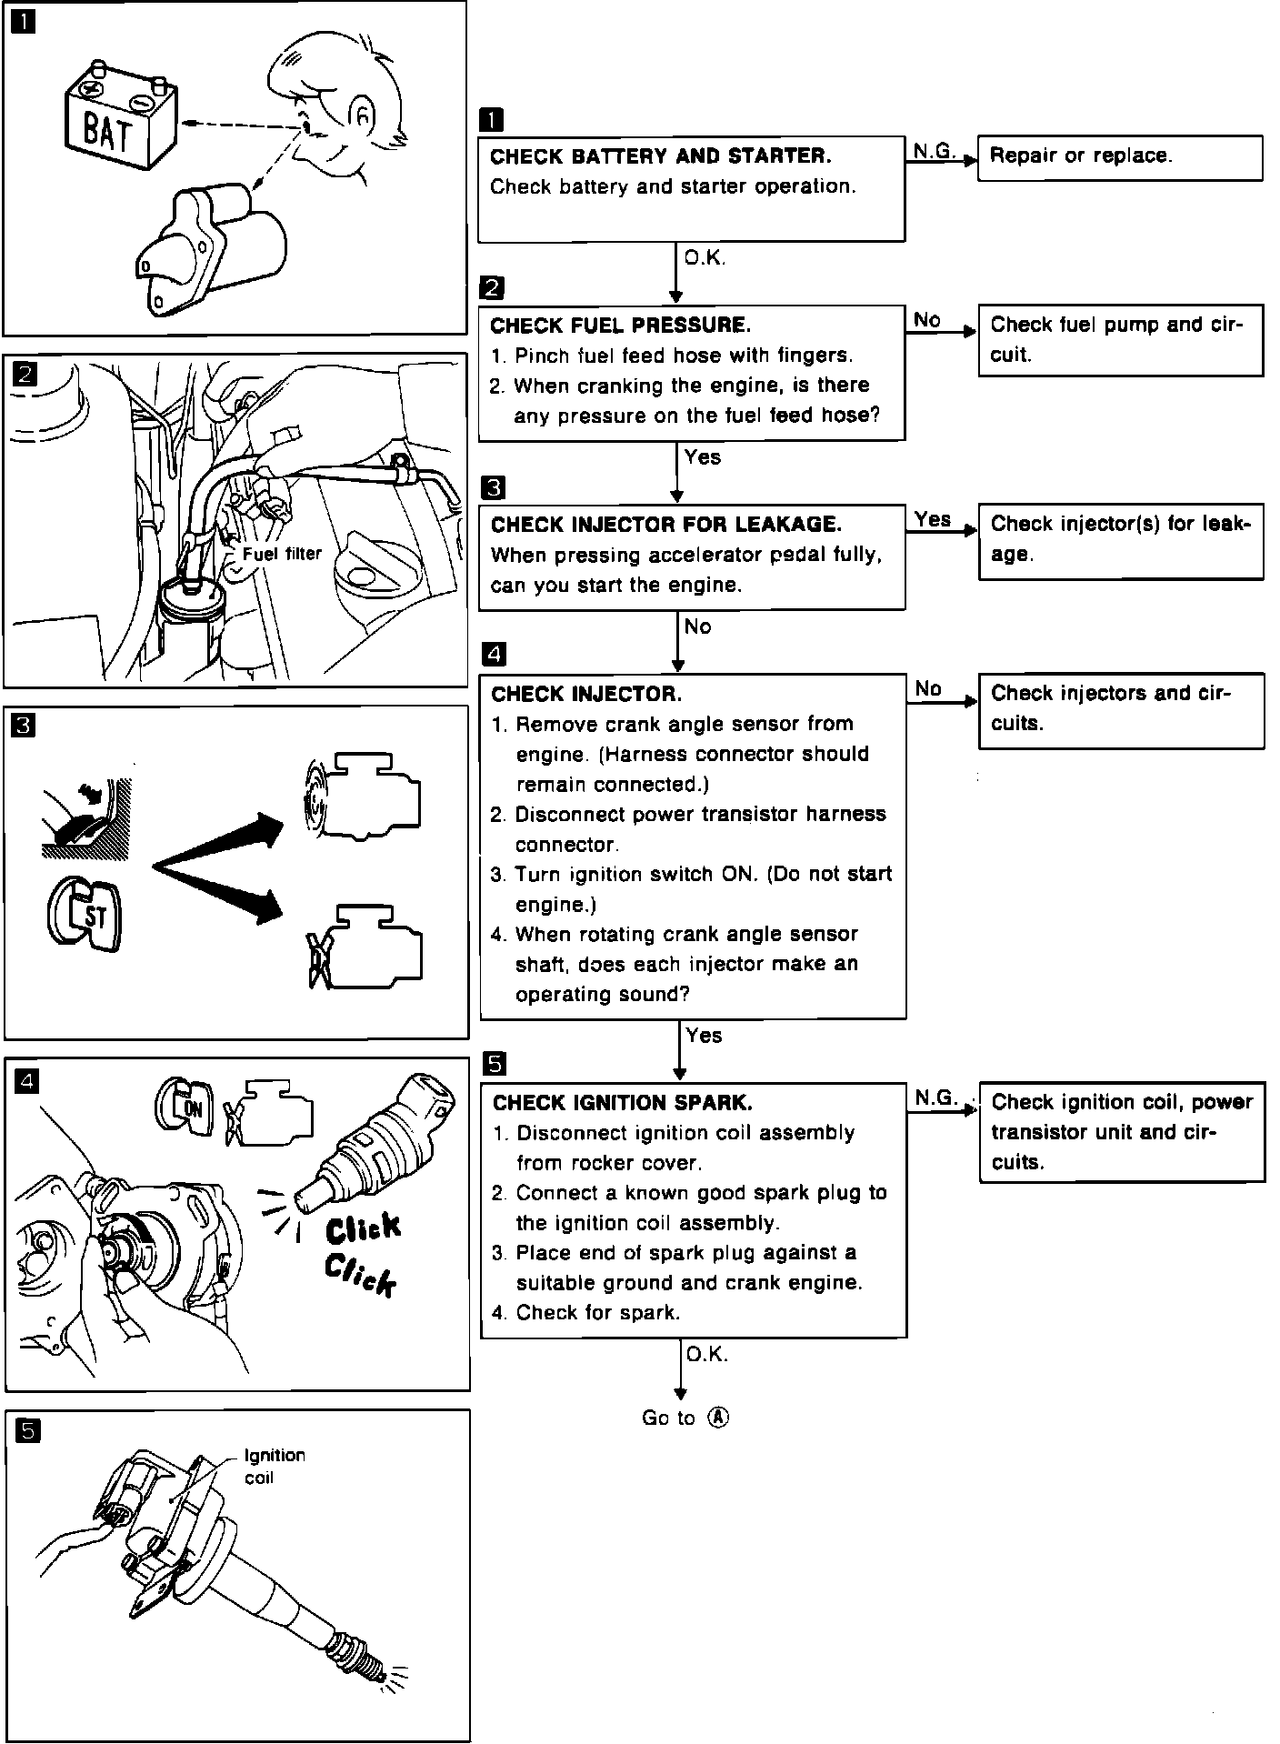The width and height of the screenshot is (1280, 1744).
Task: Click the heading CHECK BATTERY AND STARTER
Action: [x=660, y=156]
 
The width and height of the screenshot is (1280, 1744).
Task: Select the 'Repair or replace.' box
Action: [x=1119, y=157]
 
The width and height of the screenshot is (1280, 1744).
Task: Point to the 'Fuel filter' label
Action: [x=282, y=554]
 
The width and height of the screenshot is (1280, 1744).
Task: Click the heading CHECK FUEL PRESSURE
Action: [x=621, y=326]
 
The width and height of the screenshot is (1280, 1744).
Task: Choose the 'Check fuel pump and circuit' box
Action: [x=1119, y=339]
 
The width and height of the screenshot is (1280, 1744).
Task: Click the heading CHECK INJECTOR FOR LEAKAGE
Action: [x=666, y=525]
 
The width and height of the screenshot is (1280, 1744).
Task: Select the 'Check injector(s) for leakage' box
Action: [x=1120, y=540]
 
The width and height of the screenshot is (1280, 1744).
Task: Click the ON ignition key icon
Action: [x=185, y=1108]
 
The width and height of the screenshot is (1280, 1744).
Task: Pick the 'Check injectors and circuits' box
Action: [x=1120, y=709]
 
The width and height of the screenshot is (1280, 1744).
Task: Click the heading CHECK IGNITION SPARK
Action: [x=622, y=1104]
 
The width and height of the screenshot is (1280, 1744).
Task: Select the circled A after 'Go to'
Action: [x=718, y=1418]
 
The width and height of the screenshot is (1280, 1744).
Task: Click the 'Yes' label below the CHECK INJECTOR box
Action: [x=704, y=1036]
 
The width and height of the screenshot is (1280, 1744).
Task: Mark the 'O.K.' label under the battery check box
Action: [x=705, y=259]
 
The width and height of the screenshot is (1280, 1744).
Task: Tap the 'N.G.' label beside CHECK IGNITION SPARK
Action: [x=936, y=1098]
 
